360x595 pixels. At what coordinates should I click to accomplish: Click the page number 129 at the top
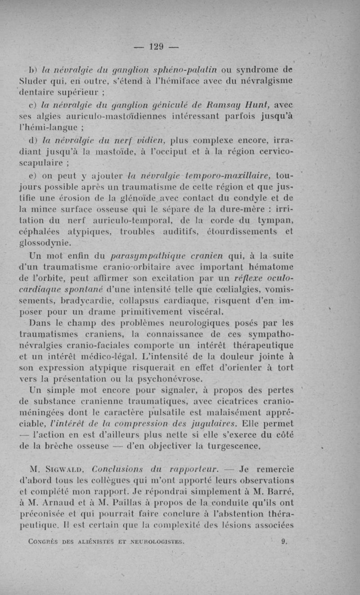pos(156,46)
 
